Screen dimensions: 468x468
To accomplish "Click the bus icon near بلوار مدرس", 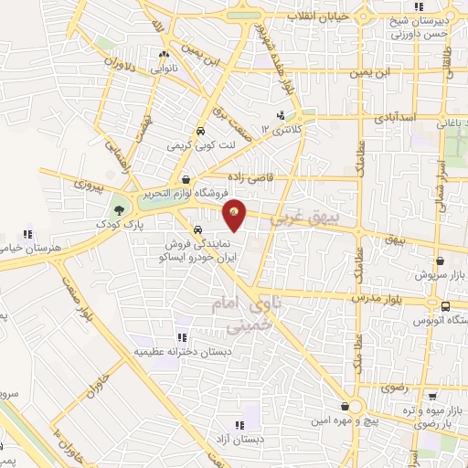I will click(444, 307).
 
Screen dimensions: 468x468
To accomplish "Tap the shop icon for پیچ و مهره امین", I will click(344, 406).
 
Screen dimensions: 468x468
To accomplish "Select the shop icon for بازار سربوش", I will click(441, 261).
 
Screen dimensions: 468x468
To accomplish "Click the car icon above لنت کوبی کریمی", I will click(200, 131).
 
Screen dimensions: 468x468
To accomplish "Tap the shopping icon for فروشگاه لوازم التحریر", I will click(186, 180).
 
